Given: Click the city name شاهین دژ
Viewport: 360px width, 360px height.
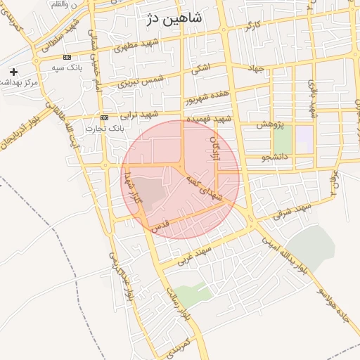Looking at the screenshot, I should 174,19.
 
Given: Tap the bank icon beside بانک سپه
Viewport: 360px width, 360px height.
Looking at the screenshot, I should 67,57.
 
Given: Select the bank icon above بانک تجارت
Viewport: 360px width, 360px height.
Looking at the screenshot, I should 104,117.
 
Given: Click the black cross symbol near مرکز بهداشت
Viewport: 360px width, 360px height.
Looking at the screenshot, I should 13,72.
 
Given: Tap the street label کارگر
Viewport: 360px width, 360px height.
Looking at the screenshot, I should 253,27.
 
